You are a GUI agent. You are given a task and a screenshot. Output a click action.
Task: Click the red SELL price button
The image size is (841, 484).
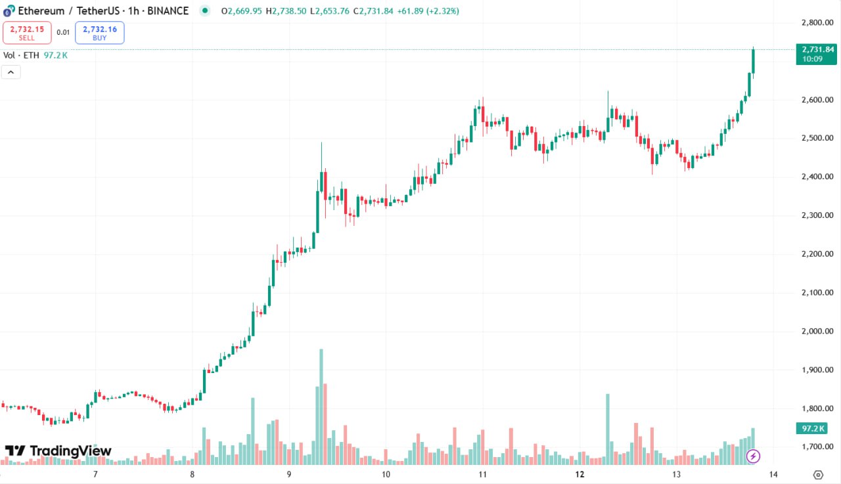pyautogui.click(x=27, y=32)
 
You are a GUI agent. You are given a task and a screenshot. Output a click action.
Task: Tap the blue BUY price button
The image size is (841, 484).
pyautogui.click(x=100, y=32)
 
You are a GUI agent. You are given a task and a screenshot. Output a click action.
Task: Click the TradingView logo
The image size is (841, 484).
pyautogui.click(x=58, y=451)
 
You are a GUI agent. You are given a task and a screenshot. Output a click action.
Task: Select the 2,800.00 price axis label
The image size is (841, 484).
pyautogui.click(x=817, y=22)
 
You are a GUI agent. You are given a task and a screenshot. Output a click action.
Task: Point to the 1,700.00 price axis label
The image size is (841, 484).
pyautogui.click(x=817, y=447)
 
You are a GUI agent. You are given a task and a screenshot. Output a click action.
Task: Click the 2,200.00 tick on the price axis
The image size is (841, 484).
pyautogui.click(x=817, y=254)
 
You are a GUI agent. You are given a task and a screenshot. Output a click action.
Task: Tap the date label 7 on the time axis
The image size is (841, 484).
pyautogui.click(x=95, y=474)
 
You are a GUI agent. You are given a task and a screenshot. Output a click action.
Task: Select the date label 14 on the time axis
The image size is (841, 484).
pyautogui.click(x=773, y=474)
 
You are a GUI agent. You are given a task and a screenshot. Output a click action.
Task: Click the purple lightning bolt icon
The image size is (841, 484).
pyautogui.click(x=754, y=455)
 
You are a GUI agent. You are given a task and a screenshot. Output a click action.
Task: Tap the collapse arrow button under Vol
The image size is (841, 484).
pyautogui.click(x=11, y=72)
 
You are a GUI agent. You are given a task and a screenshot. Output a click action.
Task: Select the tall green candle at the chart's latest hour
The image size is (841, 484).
pyautogui.click(x=753, y=61)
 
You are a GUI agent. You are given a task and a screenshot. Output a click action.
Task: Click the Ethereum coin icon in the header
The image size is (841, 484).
pyautogui.click(x=9, y=11)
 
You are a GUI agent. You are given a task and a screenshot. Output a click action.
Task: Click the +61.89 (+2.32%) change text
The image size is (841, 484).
pyautogui.click(x=428, y=11)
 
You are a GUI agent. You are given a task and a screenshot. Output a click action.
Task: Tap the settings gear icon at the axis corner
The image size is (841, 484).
pyautogui.click(x=818, y=475)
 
